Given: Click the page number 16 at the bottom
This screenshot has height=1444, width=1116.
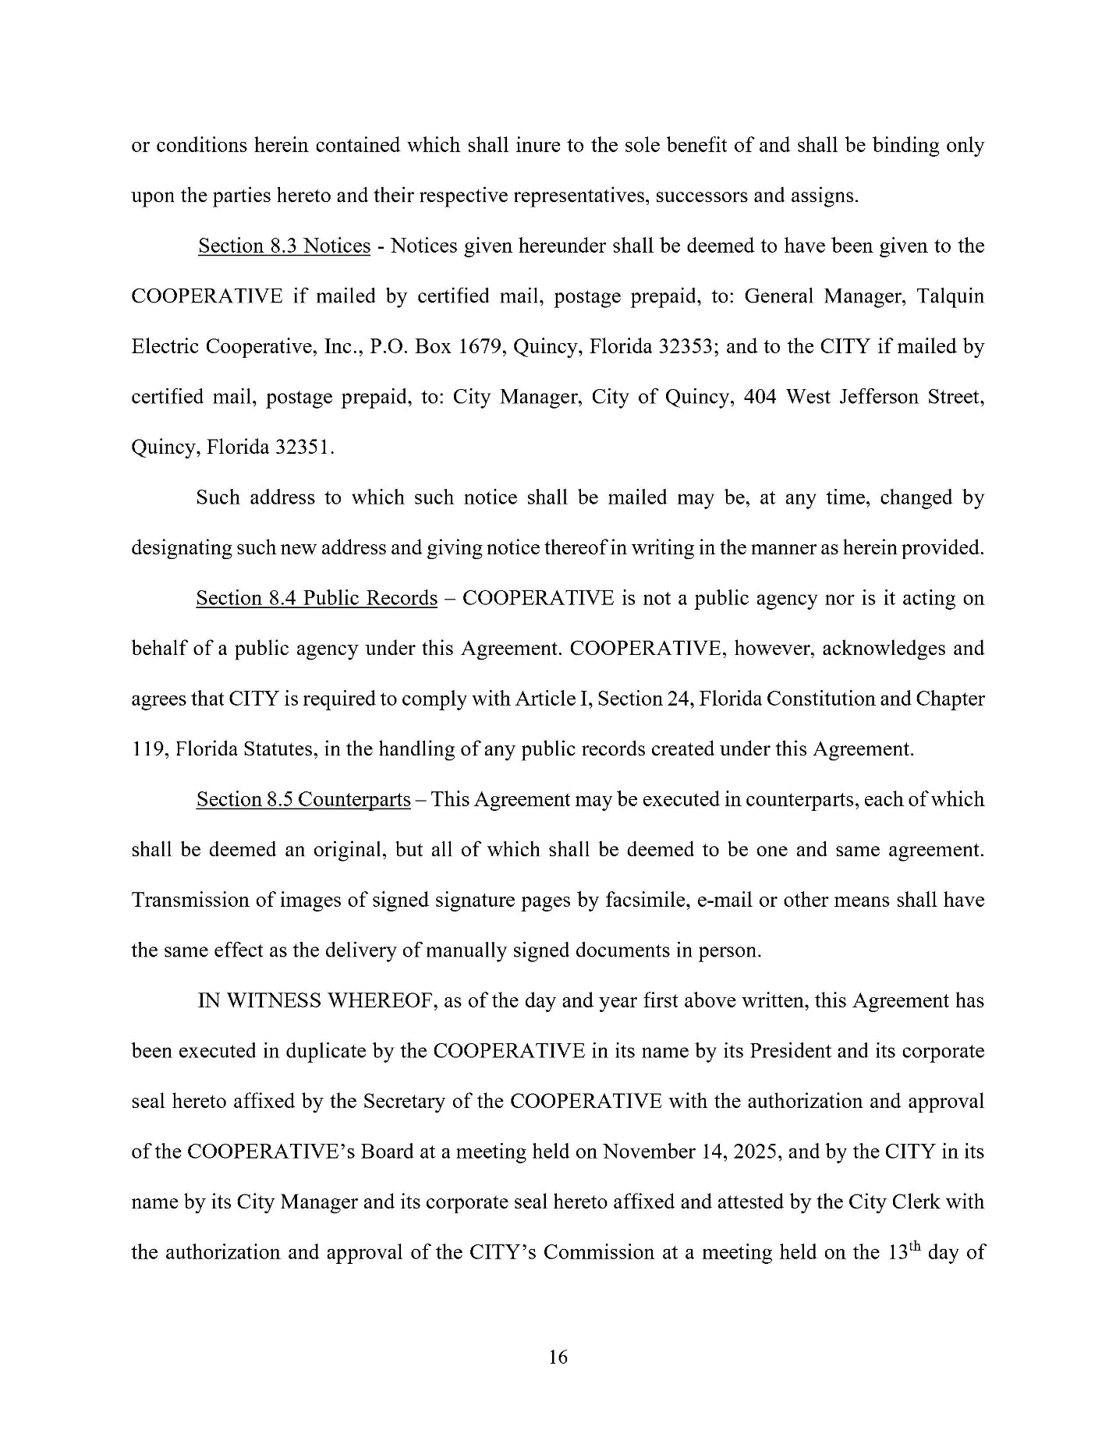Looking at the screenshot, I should tap(558, 1357).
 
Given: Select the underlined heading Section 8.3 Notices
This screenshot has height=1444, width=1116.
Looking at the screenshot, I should tap(284, 246).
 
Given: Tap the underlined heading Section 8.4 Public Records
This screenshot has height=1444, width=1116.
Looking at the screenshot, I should tap(316, 599).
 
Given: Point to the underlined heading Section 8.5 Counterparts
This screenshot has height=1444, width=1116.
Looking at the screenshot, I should tap(303, 800).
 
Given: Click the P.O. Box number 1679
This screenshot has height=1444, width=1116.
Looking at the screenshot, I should tap(478, 347).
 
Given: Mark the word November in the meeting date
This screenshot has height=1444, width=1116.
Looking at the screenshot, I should tap(652, 1152).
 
